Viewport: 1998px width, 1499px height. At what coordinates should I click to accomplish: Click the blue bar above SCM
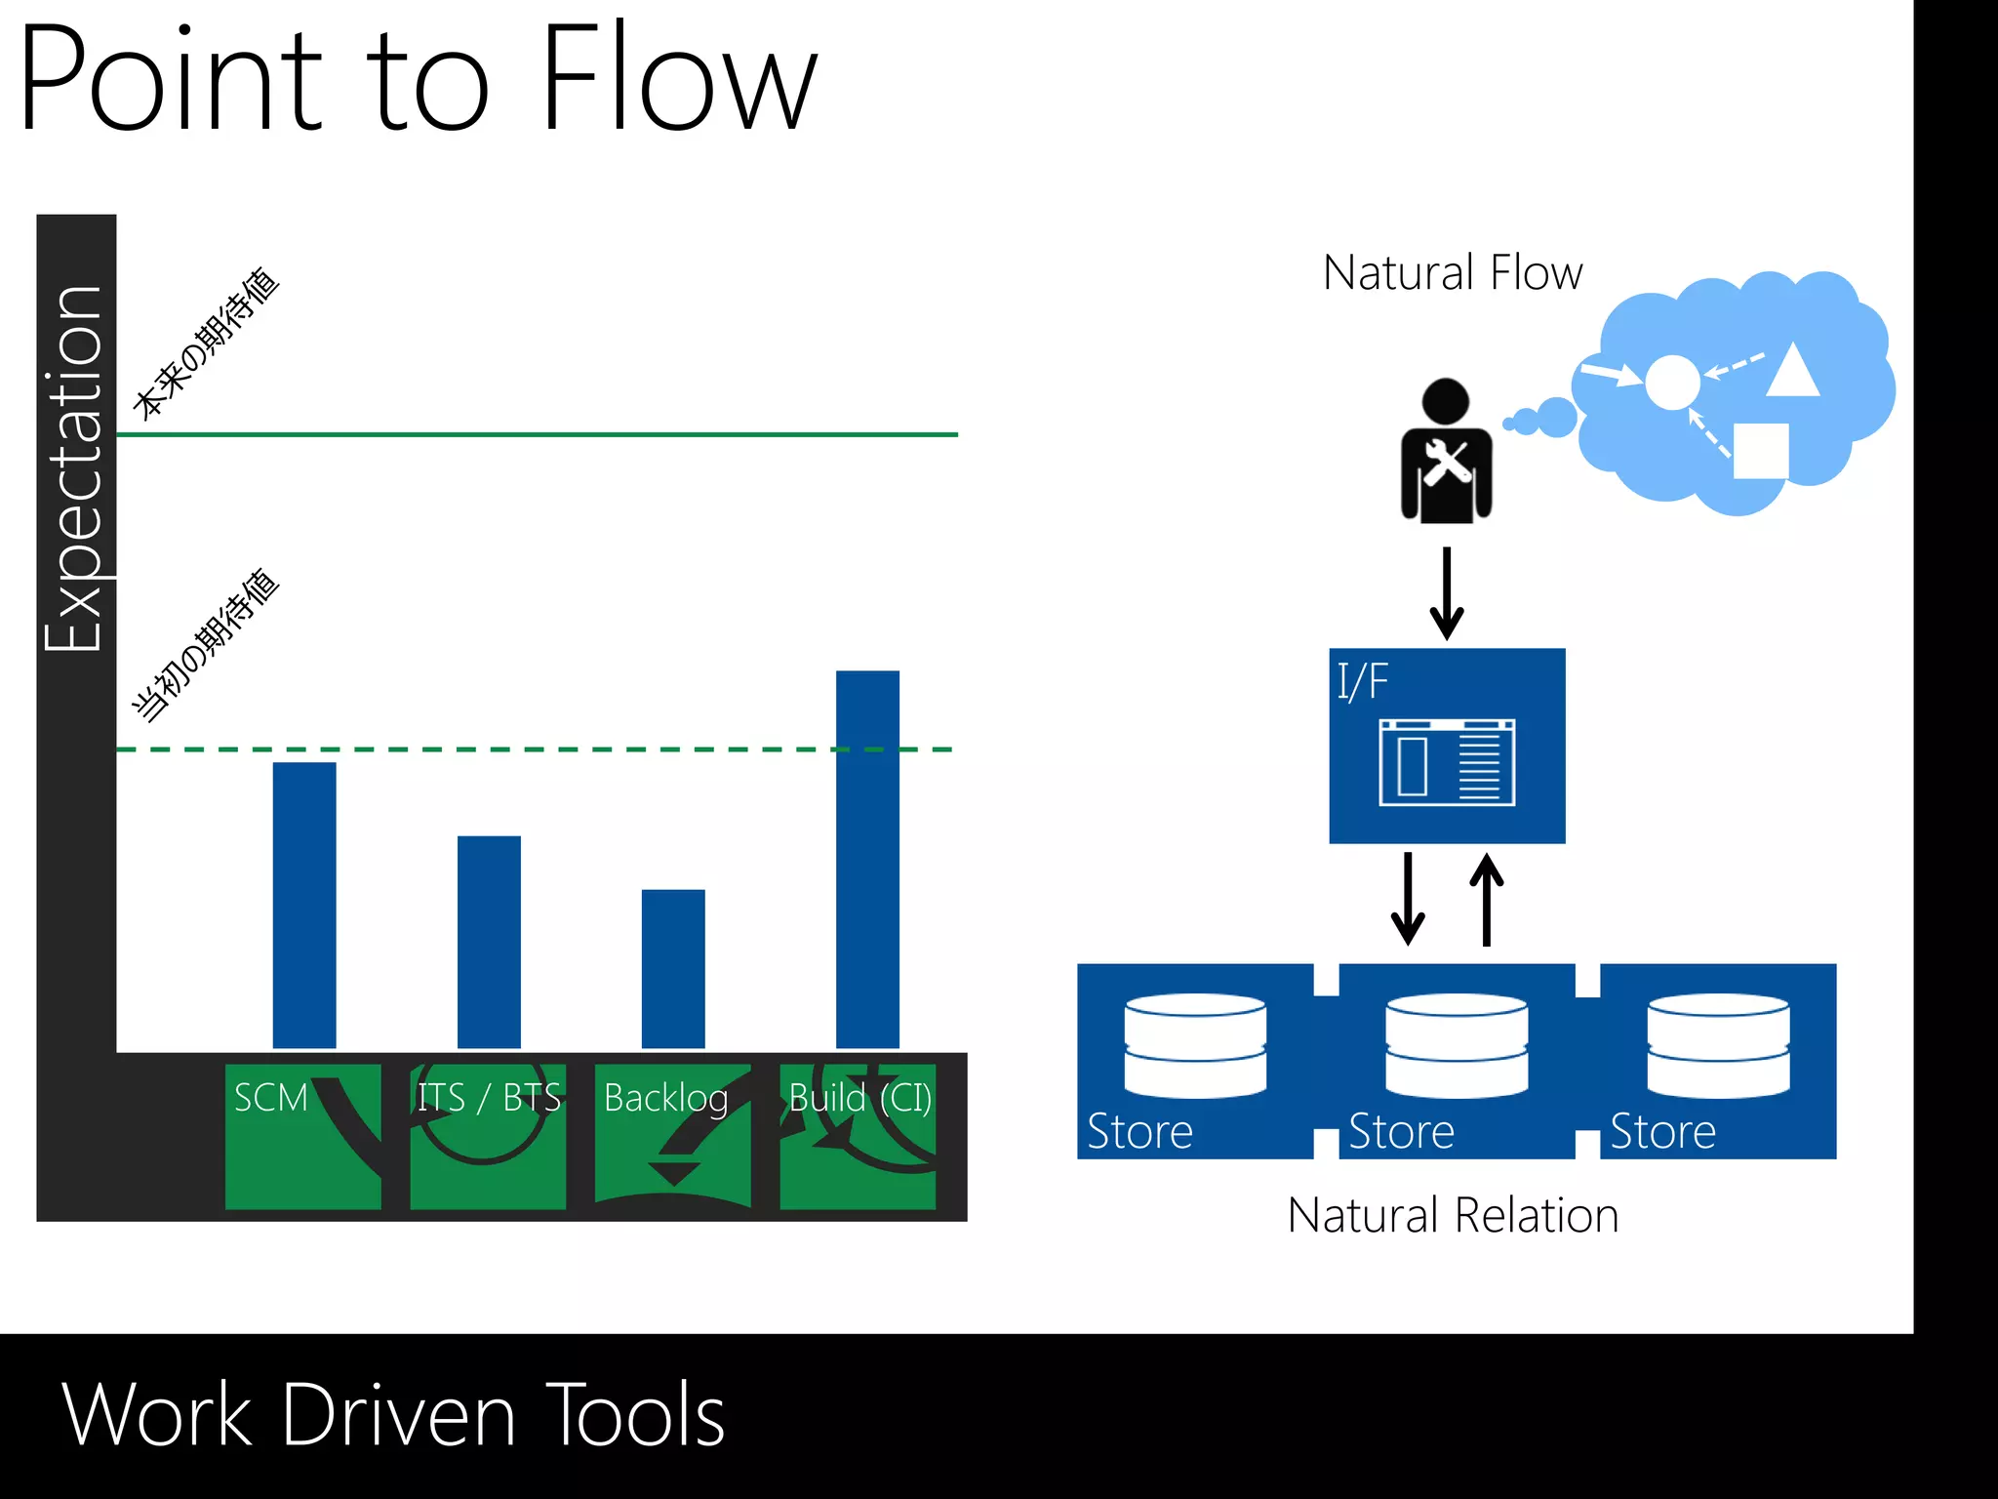304,905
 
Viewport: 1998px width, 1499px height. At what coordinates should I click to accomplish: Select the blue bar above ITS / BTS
489,942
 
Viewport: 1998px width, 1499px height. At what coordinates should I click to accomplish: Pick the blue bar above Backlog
673,968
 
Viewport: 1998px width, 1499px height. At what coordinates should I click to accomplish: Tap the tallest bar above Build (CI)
867,859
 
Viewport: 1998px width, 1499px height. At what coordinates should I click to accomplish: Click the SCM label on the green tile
271,1098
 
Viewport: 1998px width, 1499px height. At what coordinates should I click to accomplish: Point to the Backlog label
666,1099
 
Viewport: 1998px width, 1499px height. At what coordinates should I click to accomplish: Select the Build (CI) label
859,1099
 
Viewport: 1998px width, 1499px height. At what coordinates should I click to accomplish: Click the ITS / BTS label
489,1098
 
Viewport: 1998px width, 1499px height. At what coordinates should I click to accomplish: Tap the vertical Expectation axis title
74,468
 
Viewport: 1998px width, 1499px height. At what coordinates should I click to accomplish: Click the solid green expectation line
537,434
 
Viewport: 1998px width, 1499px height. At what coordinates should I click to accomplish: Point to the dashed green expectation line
537,749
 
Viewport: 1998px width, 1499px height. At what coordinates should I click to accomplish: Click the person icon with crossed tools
1446,452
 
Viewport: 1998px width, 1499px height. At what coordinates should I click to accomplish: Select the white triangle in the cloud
1792,372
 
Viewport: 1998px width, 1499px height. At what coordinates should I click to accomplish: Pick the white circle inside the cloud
1672,382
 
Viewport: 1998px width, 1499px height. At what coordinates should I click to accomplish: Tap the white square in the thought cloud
1760,451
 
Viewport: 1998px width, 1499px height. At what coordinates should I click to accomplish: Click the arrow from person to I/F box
1447,592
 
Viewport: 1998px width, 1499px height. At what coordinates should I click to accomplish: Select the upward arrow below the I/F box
1486,899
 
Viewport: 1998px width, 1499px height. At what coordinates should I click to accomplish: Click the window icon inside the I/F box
1447,762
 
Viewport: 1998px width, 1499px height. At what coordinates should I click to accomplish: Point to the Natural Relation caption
1453,1216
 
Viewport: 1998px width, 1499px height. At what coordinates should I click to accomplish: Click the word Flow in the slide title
678,78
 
